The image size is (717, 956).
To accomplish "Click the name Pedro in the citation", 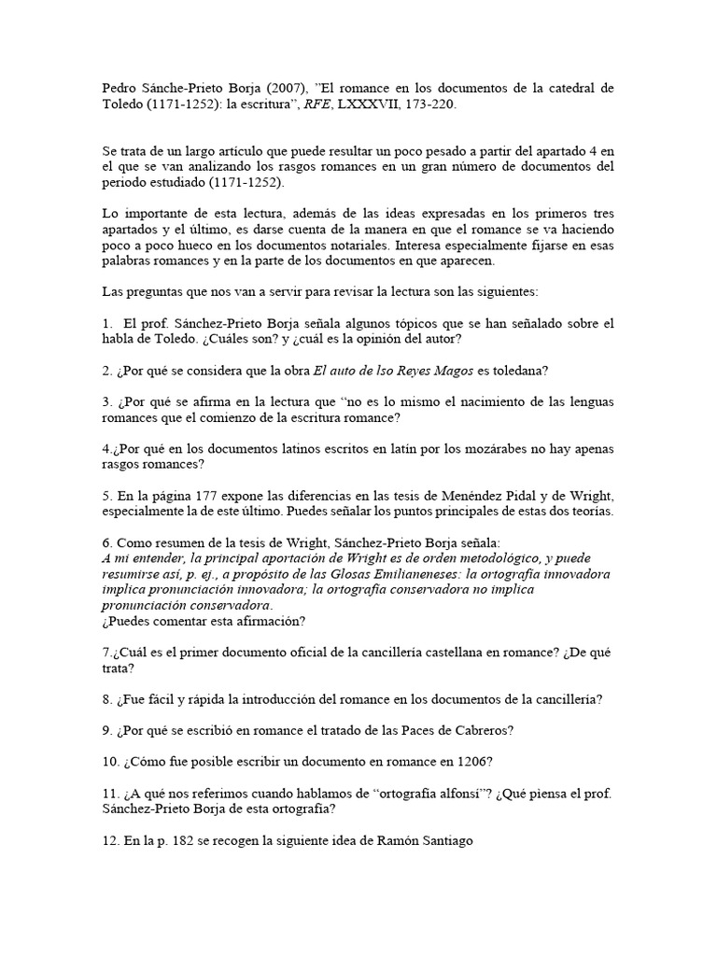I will [x=119, y=89].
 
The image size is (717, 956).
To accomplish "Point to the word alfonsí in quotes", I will [x=474, y=794].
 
